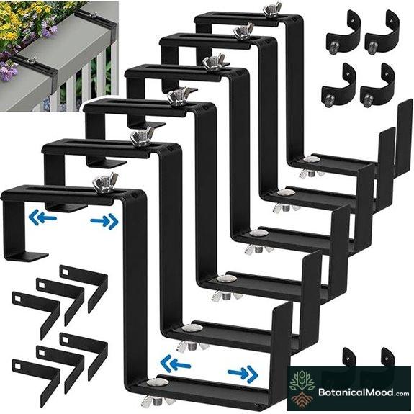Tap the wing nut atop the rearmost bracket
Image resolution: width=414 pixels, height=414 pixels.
click(272, 10)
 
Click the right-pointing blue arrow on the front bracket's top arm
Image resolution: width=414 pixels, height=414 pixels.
click(104, 221)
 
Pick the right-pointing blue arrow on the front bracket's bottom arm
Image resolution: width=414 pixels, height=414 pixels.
click(242, 372)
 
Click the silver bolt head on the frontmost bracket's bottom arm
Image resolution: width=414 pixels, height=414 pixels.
click(160, 384)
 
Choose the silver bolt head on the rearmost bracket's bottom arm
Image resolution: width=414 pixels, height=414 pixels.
click(311, 161)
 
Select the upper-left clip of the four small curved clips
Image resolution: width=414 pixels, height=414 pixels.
click(340, 32)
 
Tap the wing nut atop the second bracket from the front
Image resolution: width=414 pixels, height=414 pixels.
click(141, 137)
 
